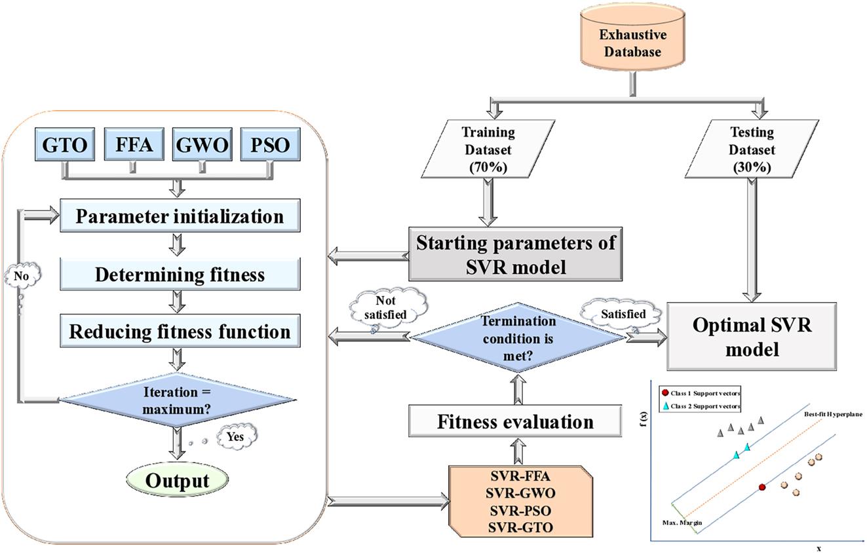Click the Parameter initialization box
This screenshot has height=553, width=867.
point(180,216)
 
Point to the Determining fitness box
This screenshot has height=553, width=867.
point(180,274)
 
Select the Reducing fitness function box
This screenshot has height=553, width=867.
point(180,332)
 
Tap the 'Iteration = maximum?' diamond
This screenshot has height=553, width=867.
point(177,399)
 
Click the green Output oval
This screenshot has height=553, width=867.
point(177,480)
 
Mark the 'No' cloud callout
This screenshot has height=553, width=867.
point(22,276)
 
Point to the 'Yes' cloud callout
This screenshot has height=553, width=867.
point(237,435)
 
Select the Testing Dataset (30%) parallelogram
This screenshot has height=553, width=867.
point(751,149)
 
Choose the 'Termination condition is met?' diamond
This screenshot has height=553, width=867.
point(518,337)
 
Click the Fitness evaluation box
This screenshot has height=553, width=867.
point(515,421)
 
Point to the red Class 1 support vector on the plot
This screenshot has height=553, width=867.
point(761,487)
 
